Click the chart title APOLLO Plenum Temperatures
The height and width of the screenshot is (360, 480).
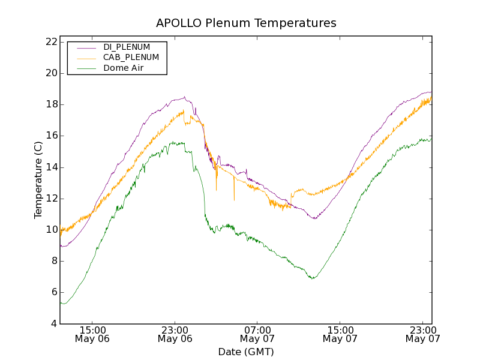pyautogui.click(x=246, y=23)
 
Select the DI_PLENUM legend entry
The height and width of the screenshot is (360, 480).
pyautogui.click(x=127, y=47)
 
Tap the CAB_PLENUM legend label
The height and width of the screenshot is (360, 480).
pyautogui.click(x=131, y=58)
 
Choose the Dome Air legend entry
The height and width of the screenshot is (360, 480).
pyautogui.click(x=124, y=68)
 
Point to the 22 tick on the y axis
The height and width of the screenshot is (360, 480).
pyautogui.click(x=50, y=42)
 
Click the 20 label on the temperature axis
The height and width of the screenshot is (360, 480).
pyautogui.click(x=50, y=73)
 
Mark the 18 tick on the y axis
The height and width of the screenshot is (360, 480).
pyautogui.click(x=50, y=104)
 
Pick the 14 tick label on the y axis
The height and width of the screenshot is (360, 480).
pyautogui.click(x=50, y=167)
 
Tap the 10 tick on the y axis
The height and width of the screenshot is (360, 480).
pyautogui.click(x=50, y=230)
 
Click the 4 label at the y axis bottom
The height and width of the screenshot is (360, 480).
pyautogui.click(x=53, y=324)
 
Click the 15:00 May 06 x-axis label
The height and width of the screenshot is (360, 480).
pyautogui.click(x=92, y=334)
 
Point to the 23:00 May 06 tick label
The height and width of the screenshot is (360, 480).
pyautogui.click(x=175, y=334)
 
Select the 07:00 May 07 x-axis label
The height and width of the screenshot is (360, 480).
pyautogui.click(x=257, y=334)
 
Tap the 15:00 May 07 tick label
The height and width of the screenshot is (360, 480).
pyautogui.click(x=340, y=334)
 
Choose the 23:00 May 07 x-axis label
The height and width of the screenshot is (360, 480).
pyautogui.click(x=422, y=334)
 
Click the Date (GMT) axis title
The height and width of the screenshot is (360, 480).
pyautogui.click(x=246, y=352)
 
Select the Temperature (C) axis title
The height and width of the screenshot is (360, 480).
pyautogui.click(x=38, y=180)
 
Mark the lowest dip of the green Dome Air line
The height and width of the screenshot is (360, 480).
pyautogui.click(x=313, y=278)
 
